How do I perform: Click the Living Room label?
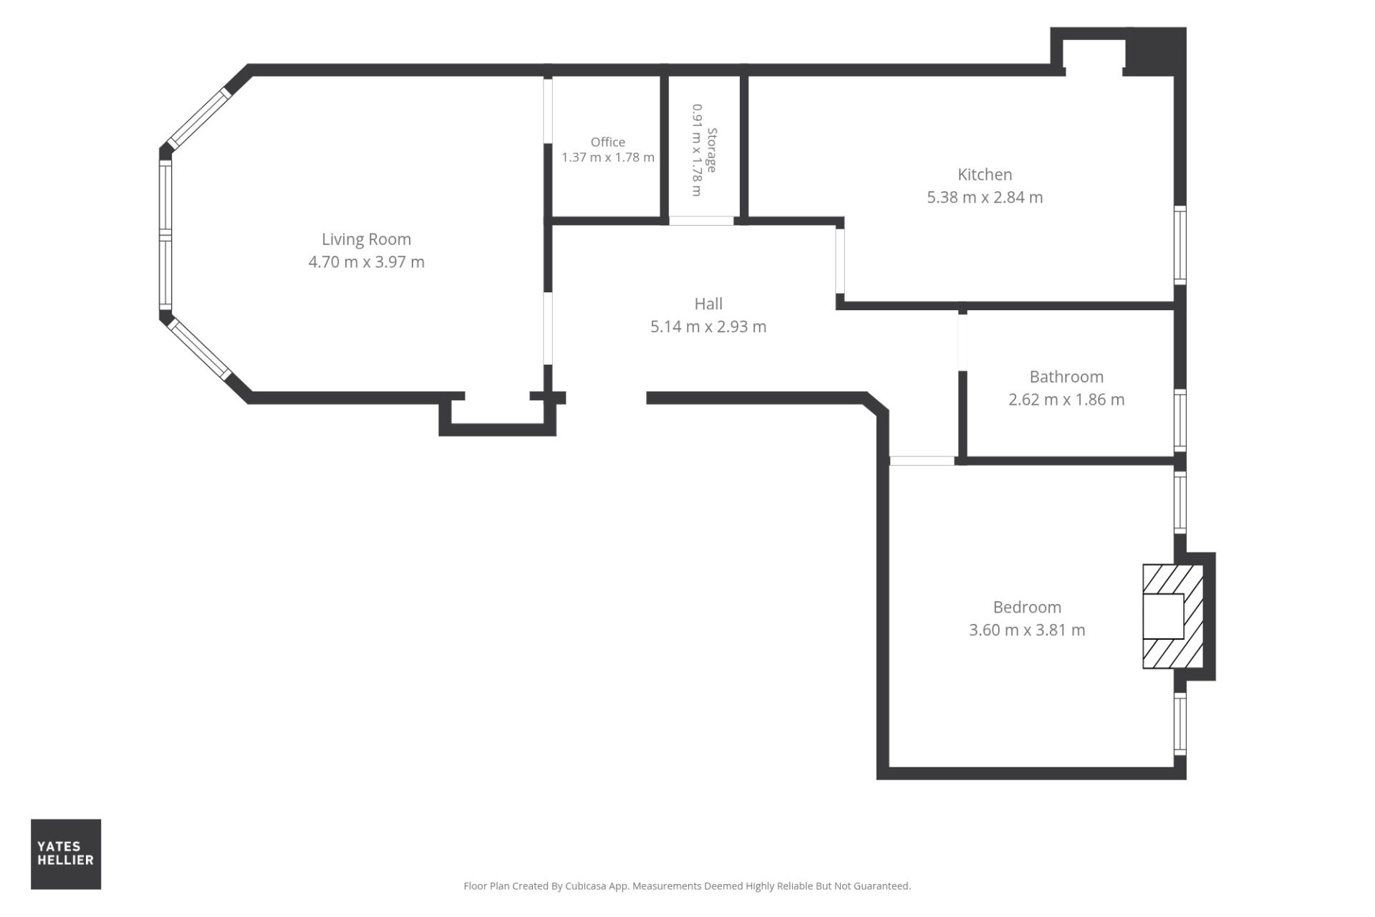pyautogui.click(x=366, y=239)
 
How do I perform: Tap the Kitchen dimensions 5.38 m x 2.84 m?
pyautogui.click(x=985, y=197)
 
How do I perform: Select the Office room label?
pyautogui.click(x=607, y=142)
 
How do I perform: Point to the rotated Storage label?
pyautogui.click(x=712, y=150)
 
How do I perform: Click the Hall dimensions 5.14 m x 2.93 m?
pyautogui.click(x=708, y=327)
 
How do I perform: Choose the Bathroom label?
pyautogui.click(x=1066, y=377)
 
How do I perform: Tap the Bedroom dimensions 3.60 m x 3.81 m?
pyautogui.click(x=1027, y=630)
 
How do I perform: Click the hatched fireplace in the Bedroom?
pyautogui.click(x=1172, y=617)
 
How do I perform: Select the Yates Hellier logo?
pyautogui.click(x=66, y=854)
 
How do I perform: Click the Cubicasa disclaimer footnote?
pyautogui.click(x=687, y=886)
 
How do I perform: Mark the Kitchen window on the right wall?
pyautogui.click(x=1180, y=244)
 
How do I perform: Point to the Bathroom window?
pyautogui.click(x=1180, y=421)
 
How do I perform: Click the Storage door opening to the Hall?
pyautogui.click(x=701, y=221)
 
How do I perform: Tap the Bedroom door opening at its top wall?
pyautogui.click(x=922, y=461)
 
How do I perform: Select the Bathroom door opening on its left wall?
pyautogui.click(x=962, y=342)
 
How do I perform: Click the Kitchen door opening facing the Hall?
pyautogui.click(x=840, y=261)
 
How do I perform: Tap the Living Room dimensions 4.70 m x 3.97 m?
pyautogui.click(x=366, y=262)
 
